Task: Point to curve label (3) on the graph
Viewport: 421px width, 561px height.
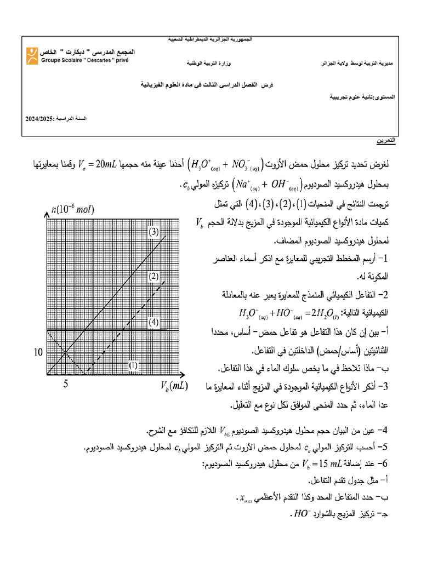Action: click(x=153, y=232)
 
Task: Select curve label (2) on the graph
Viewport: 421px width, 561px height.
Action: click(x=153, y=276)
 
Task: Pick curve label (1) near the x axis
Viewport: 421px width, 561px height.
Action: click(x=133, y=364)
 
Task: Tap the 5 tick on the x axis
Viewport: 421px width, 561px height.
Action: click(x=66, y=384)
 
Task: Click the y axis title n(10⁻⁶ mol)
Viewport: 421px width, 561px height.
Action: click(x=73, y=209)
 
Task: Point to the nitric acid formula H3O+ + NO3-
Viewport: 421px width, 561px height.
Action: click(x=224, y=164)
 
